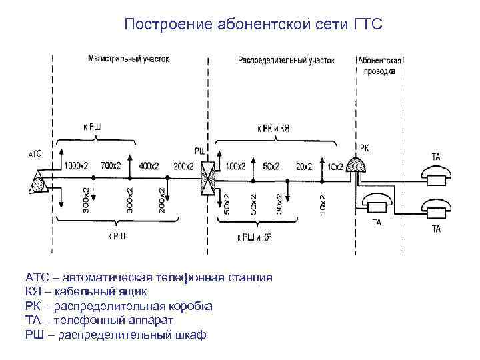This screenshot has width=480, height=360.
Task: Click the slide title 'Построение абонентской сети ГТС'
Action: tap(253, 25)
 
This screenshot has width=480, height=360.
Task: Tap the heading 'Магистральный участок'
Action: tap(129, 59)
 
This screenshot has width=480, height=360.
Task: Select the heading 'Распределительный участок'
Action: tap(286, 59)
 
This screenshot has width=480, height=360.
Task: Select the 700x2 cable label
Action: tap(111, 165)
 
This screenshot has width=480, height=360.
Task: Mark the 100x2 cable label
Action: tap(236, 165)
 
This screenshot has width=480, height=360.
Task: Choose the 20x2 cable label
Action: tap(303, 165)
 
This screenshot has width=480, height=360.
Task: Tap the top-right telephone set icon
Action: tap(437, 175)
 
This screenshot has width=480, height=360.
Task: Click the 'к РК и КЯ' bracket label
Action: tap(273, 127)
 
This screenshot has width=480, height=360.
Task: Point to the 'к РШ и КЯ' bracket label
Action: tap(256, 236)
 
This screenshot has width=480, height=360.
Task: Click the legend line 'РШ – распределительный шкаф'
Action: tap(116, 334)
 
